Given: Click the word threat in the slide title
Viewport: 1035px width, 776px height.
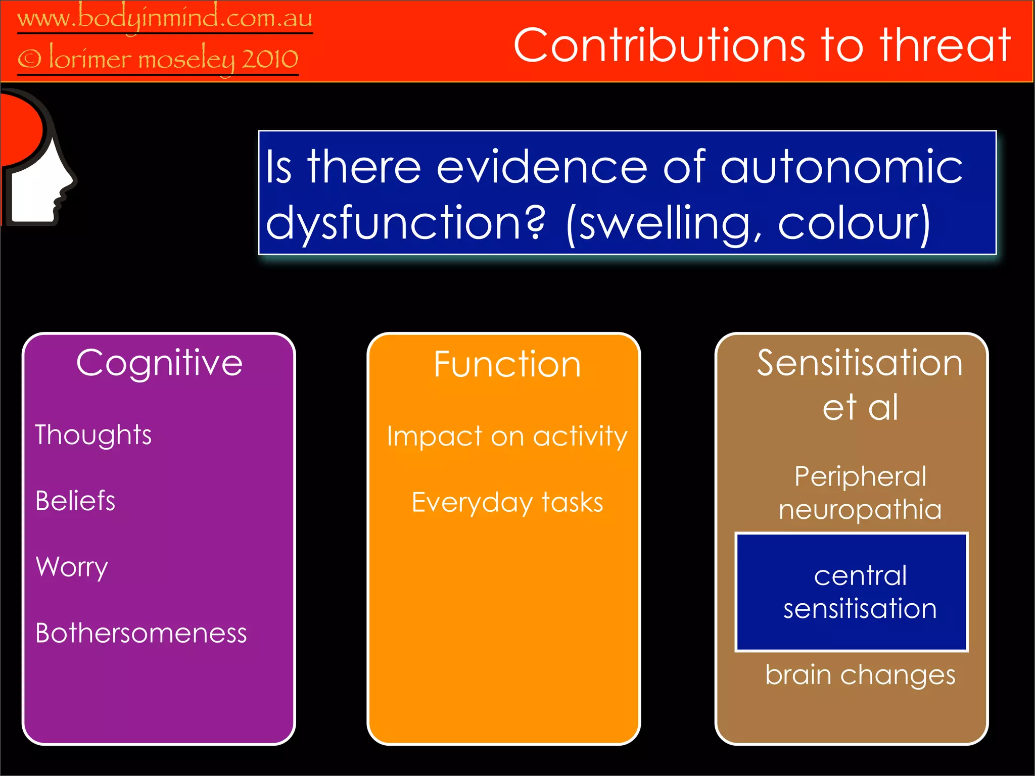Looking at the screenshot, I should coord(945,45).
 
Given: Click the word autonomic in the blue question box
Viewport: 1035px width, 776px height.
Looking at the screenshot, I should coord(841,167).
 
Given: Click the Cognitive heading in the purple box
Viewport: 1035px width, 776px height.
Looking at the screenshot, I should coord(159,363).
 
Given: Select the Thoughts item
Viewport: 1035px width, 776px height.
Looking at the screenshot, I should coord(93,435).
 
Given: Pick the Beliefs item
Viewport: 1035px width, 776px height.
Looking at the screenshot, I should coord(75,501).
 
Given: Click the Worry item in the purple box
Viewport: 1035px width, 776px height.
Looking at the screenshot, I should coord(72,567).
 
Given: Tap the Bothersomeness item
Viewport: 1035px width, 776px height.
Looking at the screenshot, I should coord(141,633).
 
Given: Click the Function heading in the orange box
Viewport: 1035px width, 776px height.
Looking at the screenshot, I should coord(507,364).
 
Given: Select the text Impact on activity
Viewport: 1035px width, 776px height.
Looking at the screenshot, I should coord(507,436).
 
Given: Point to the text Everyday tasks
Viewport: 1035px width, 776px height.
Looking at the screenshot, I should coord(507,503).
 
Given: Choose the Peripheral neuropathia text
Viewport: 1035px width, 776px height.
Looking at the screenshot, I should coord(860,493).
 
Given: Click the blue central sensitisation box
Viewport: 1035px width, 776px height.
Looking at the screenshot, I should coord(852,592).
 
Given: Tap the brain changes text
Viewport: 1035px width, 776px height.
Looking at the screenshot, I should coord(860,675).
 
